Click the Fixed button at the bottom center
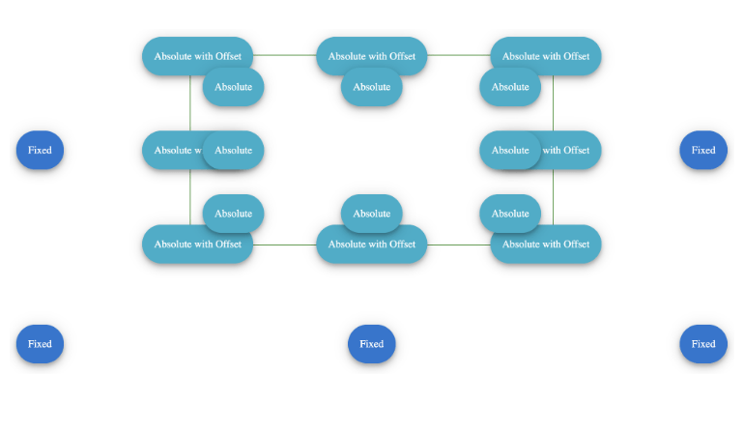371,344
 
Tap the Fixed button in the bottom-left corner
40,344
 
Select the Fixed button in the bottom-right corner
702,344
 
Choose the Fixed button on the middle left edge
40,150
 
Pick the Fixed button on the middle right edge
702,150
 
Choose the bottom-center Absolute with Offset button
371,248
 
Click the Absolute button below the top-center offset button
371,90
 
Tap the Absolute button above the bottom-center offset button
371,211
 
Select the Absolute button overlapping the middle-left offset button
234,150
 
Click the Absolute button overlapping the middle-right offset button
509,150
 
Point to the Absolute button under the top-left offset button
234,90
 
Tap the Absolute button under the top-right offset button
509,90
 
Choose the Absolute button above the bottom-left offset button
234,211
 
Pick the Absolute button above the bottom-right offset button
509,211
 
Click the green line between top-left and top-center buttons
285,56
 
